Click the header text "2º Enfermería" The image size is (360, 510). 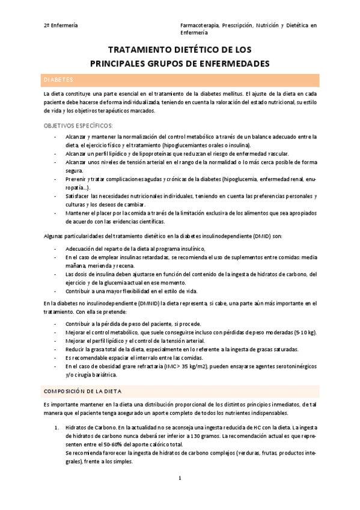coord(61,25)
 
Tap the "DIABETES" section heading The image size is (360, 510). coord(58,79)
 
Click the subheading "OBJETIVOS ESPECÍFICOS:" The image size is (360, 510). coord(78,125)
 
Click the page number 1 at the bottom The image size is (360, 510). coord(180,478)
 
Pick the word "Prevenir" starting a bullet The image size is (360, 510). coord(76,180)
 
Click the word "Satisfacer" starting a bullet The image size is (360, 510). coord(79,197)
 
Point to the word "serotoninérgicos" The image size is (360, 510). coord(292,366)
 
